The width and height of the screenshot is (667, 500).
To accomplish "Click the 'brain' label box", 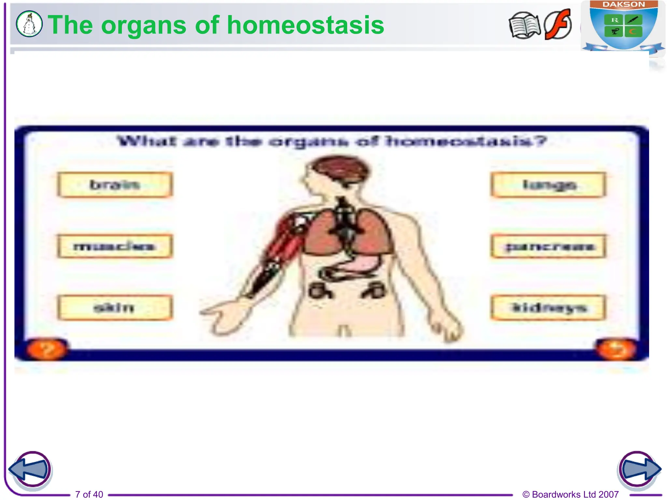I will [115, 185].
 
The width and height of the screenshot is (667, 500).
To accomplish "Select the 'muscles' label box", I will [115, 246].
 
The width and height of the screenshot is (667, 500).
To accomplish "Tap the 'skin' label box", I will [115, 308].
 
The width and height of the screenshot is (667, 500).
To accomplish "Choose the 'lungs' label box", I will [548, 185].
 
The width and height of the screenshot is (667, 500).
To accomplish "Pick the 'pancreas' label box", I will [548, 246].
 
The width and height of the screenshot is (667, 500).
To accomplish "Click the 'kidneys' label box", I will [548, 308].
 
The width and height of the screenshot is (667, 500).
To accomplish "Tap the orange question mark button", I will [47, 350].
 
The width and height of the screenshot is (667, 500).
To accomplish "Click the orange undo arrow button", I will [616, 350].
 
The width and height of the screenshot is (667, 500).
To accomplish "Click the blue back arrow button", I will [30, 469].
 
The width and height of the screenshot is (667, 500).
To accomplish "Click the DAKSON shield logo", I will [623, 26].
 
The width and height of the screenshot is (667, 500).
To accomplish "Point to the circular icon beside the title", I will [29, 24].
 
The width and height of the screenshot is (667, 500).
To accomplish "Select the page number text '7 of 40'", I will [89, 494].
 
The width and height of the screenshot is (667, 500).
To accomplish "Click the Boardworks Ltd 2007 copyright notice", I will [570, 494].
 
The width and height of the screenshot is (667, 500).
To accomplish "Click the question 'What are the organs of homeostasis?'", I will [332, 142].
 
